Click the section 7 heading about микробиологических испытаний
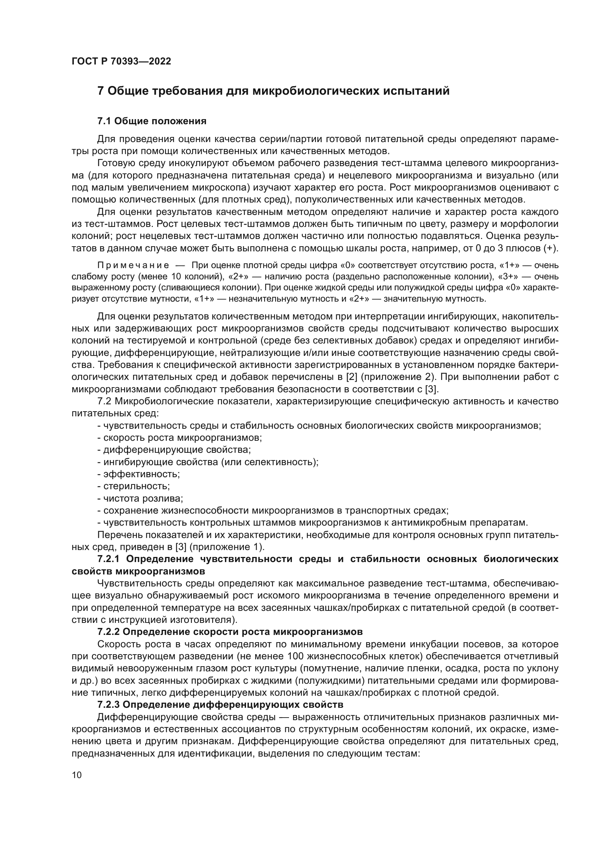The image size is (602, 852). [273, 91]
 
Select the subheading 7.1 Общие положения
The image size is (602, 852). [152, 121]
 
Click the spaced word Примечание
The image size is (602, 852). [133, 265]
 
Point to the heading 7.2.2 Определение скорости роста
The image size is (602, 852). [230, 632]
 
